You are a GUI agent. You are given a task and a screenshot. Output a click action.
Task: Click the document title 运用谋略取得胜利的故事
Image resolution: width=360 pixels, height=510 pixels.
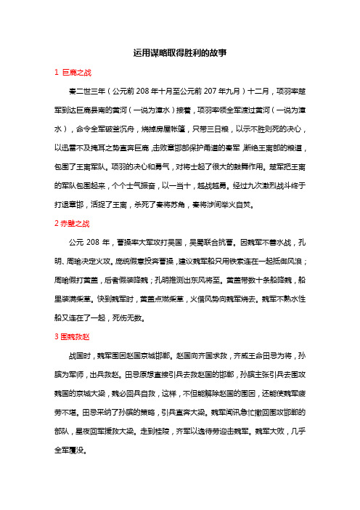(180, 53)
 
